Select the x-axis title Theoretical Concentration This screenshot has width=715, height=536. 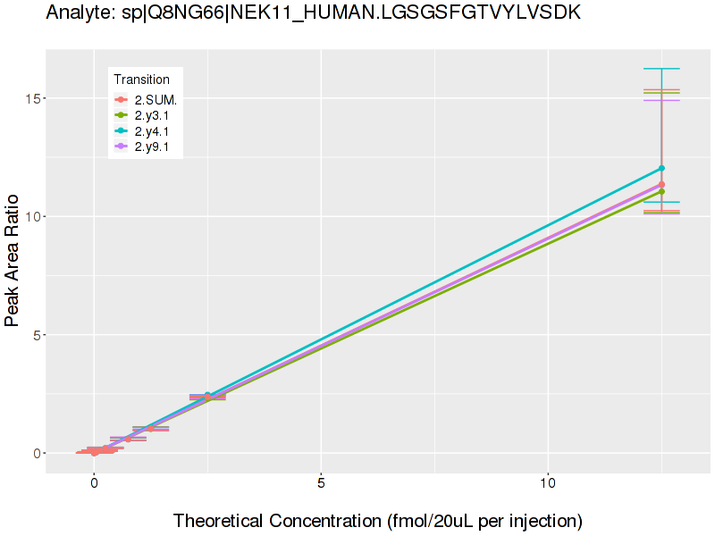tap(377, 520)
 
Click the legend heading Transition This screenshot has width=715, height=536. tap(141, 80)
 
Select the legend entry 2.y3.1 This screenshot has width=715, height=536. tap(152, 116)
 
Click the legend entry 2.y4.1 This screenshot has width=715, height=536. tap(152, 131)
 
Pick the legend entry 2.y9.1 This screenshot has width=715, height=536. tap(152, 147)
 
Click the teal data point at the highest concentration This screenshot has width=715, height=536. tap(661, 168)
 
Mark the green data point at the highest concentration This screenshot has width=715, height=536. tap(661, 191)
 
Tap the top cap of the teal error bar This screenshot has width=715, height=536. tap(661, 69)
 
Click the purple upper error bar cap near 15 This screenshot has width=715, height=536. tap(661, 100)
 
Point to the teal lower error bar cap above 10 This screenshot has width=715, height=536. tap(661, 202)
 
